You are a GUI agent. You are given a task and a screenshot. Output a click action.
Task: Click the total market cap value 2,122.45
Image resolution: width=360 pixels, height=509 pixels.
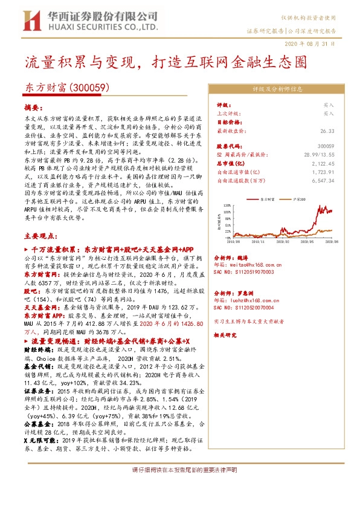click(323, 163)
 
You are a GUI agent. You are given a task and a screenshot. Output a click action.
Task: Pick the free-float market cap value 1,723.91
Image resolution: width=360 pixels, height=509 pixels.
click(323, 172)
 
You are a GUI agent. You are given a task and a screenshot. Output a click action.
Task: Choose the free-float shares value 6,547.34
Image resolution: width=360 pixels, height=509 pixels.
click(323, 180)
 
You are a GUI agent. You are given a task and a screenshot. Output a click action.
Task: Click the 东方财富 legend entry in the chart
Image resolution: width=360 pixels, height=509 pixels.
click(266, 198)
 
